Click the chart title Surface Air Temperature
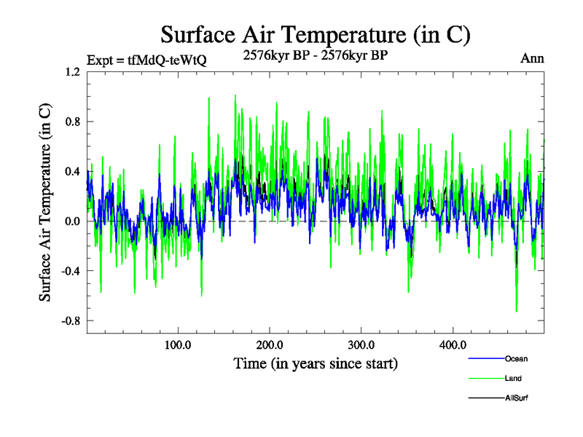click(315, 34)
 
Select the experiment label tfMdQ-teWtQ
click(146, 60)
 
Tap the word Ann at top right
click(532, 58)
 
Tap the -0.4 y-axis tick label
click(71, 271)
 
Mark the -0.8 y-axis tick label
click(71, 321)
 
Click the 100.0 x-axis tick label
click(178, 344)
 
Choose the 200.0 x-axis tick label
click(270, 344)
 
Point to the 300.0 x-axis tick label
click(361, 344)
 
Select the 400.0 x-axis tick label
click(453, 344)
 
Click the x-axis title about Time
click(315, 363)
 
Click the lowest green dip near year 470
click(517, 310)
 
